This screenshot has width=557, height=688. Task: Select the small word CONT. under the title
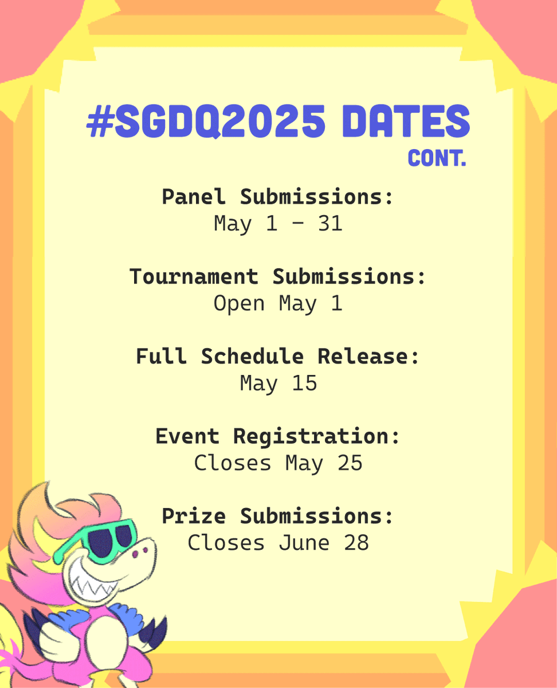pos(437,159)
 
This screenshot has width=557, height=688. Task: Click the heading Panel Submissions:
pos(278,197)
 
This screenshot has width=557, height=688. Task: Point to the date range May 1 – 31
pos(278,224)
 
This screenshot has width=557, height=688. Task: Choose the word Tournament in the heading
pos(194,277)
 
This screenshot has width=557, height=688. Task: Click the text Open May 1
pos(278,304)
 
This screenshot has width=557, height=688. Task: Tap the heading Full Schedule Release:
pos(278,357)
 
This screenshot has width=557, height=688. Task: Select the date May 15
pos(278,384)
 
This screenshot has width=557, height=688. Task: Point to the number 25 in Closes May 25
pos(350,463)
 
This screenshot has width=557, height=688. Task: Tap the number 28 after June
pos(356,543)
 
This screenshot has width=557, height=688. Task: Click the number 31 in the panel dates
pos(330,224)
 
